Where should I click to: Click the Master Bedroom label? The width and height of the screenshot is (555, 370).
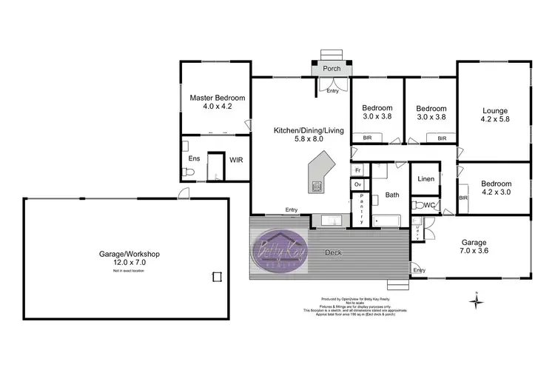[x=218, y=97]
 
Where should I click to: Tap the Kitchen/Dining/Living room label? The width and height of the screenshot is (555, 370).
[x=309, y=130]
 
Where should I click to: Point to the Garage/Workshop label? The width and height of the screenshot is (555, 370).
[x=129, y=254]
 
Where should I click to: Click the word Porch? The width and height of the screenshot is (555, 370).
[x=332, y=69]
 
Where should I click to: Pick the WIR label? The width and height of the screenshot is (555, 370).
[x=236, y=159]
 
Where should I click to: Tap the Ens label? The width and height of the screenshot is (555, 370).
[x=194, y=159]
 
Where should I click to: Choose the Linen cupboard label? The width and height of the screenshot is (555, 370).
[x=425, y=179]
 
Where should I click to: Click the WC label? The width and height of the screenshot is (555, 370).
[x=428, y=204]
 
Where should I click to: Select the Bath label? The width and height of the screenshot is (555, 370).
[x=392, y=196]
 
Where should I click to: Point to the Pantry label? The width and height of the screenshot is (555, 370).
[x=360, y=209]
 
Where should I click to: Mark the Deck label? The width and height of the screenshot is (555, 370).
[x=333, y=252]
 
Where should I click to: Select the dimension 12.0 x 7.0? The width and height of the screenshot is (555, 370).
[x=129, y=263]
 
